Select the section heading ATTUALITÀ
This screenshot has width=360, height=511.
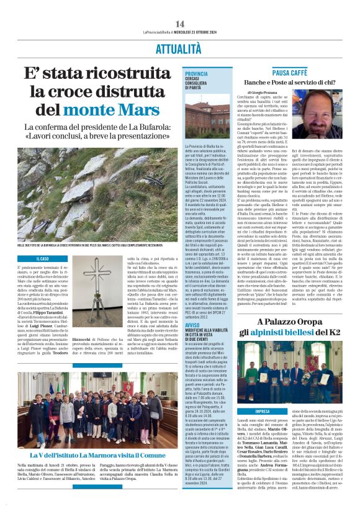179,47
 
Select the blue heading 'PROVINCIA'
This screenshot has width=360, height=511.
196,74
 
